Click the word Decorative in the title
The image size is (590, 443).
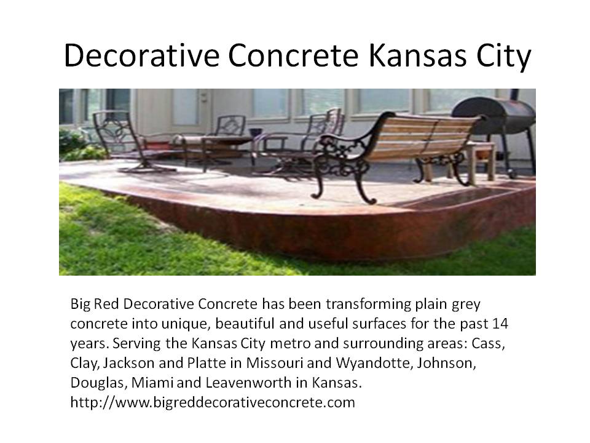click(141, 55)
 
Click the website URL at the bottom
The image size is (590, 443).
click(213, 402)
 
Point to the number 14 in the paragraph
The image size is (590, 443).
click(500, 324)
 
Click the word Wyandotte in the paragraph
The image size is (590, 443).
click(372, 363)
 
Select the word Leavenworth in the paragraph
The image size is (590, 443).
click(249, 382)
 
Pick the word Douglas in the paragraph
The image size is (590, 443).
click(100, 383)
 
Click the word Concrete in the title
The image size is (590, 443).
click(294, 55)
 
